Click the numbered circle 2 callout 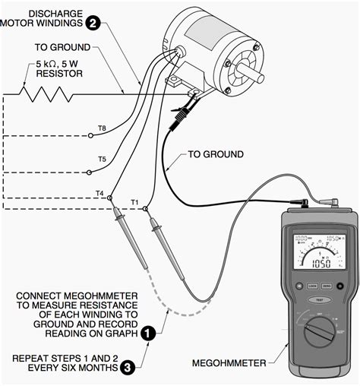(93, 23)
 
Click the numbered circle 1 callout (150, 332)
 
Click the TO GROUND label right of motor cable (216, 154)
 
